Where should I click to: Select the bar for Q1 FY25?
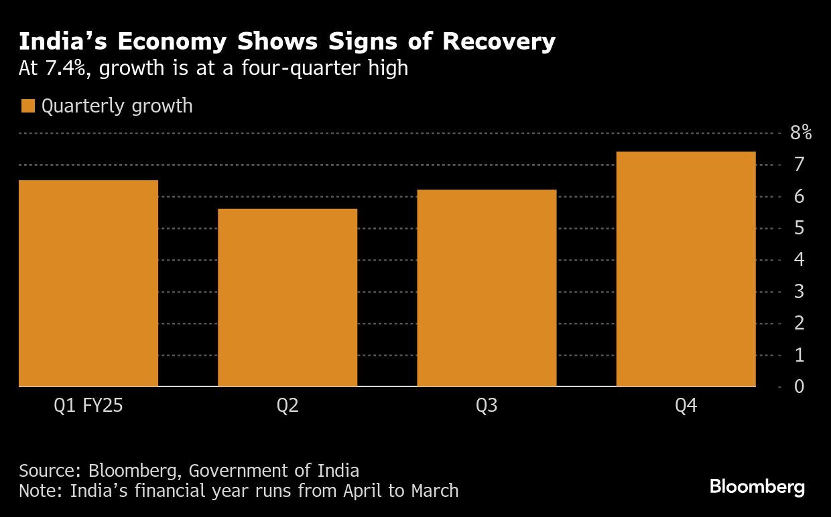coord(88,283)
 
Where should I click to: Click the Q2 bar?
coord(287,298)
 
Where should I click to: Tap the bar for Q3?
coord(487,288)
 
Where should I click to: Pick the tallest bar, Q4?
coord(686,269)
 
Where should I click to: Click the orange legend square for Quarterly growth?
coord(27,106)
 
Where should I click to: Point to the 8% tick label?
coord(801,133)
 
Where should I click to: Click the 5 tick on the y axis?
coord(799,228)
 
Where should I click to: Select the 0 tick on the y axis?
coord(799,386)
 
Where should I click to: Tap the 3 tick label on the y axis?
coord(799,291)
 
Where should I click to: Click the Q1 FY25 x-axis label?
coord(88,406)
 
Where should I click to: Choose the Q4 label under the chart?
coord(686,406)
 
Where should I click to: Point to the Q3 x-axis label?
coord(487,406)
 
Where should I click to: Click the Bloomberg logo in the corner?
coord(757,487)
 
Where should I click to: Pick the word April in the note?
coord(363,491)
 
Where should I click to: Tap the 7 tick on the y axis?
coord(799,165)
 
